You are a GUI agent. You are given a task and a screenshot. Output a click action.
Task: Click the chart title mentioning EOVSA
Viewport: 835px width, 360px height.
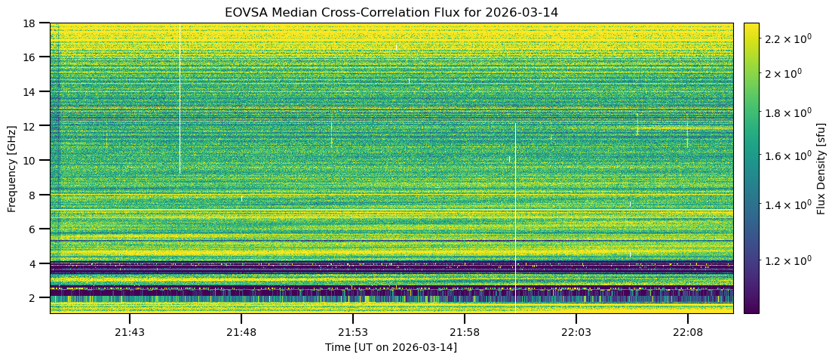391,13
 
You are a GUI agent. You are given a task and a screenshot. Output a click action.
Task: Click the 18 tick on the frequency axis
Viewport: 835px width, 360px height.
30,23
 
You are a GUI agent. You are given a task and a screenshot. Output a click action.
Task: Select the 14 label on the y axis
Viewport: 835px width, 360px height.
30,91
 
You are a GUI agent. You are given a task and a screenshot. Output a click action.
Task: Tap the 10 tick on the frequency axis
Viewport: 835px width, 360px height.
30,160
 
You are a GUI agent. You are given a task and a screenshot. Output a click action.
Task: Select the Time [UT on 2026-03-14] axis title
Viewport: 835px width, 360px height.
391,347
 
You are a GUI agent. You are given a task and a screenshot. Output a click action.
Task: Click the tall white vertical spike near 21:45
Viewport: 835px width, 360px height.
180,98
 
